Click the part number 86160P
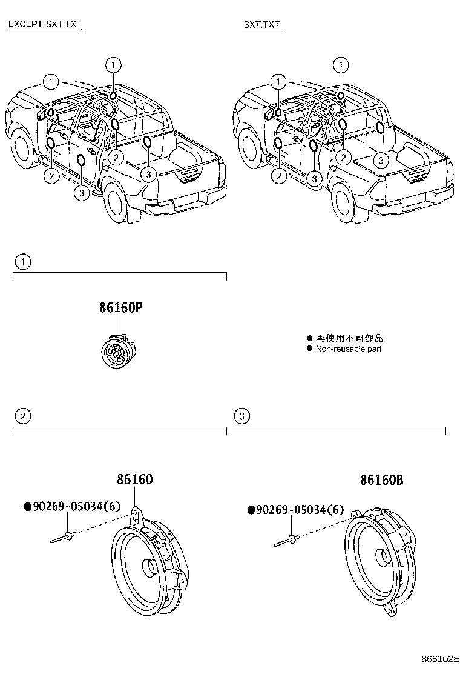(x=121, y=308)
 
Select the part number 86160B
(x=381, y=480)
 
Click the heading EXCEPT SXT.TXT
(x=45, y=25)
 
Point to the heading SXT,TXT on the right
(x=262, y=25)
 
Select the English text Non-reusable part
(x=349, y=349)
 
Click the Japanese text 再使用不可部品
(x=350, y=339)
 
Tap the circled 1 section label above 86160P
(x=22, y=262)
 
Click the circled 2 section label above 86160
(x=22, y=416)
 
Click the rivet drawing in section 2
(x=64, y=536)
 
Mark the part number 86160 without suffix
(x=134, y=480)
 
